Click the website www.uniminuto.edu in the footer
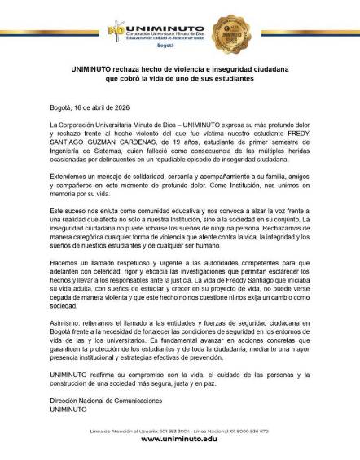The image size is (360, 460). (x=179, y=439)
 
